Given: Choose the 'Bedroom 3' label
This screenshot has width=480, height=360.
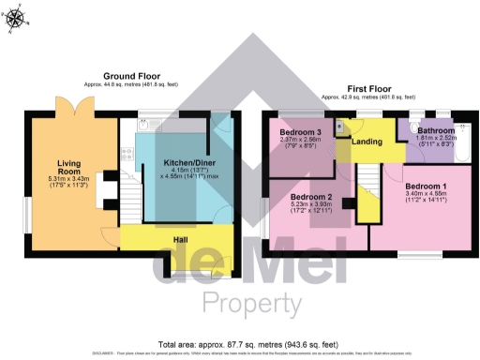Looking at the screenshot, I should pyautogui.click(x=300, y=133).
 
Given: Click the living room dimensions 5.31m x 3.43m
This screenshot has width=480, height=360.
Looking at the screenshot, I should pyautogui.click(x=69, y=180).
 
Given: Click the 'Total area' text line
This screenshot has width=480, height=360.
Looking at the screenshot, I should pyautogui.click(x=240, y=344).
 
